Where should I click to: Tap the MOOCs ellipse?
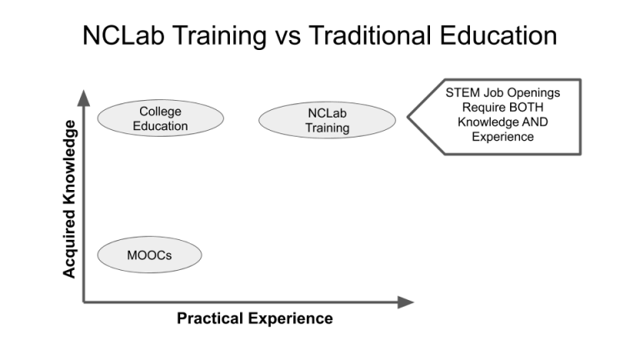click(x=150, y=255)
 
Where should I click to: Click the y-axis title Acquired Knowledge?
click(x=70, y=197)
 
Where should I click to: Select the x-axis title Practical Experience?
click(x=255, y=318)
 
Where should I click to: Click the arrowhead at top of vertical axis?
click(x=83, y=97)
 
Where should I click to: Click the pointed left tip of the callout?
click(x=408, y=117)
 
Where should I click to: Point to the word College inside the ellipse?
click(x=160, y=112)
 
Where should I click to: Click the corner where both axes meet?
click(x=83, y=302)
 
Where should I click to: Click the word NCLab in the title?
click(x=120, y=37)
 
